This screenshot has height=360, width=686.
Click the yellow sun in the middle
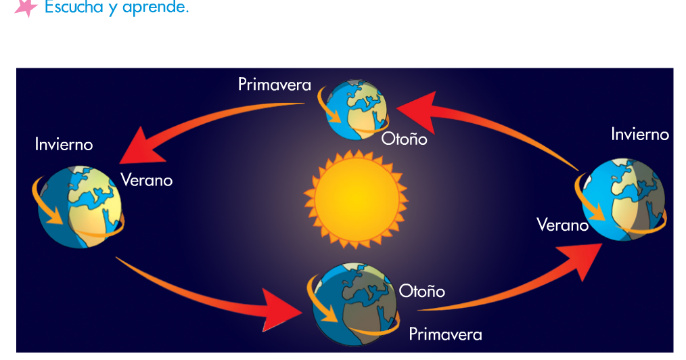(356, 198)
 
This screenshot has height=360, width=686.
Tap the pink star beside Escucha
(26, 7)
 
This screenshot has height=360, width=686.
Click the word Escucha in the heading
(74, 7)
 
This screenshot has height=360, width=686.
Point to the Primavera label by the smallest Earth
(274, 85)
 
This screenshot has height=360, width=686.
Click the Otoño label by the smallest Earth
(404, 139)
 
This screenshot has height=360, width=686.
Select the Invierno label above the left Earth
(64, 144)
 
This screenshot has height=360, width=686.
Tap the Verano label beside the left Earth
(147, 180)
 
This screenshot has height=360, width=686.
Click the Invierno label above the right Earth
(639, 134)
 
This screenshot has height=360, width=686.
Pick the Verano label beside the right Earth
(562, 225)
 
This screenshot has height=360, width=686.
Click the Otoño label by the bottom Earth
(421, 291)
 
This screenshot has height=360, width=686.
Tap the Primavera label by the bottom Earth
(445, 334)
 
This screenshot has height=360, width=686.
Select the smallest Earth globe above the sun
(357, 110)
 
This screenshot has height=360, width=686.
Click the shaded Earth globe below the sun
(355, 304)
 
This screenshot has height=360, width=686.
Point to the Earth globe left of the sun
(79, 206)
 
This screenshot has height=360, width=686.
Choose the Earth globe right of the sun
(623, 200)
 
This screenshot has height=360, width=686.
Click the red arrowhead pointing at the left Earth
(141, 147)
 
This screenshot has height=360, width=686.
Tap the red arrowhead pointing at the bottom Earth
(281, 310)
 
